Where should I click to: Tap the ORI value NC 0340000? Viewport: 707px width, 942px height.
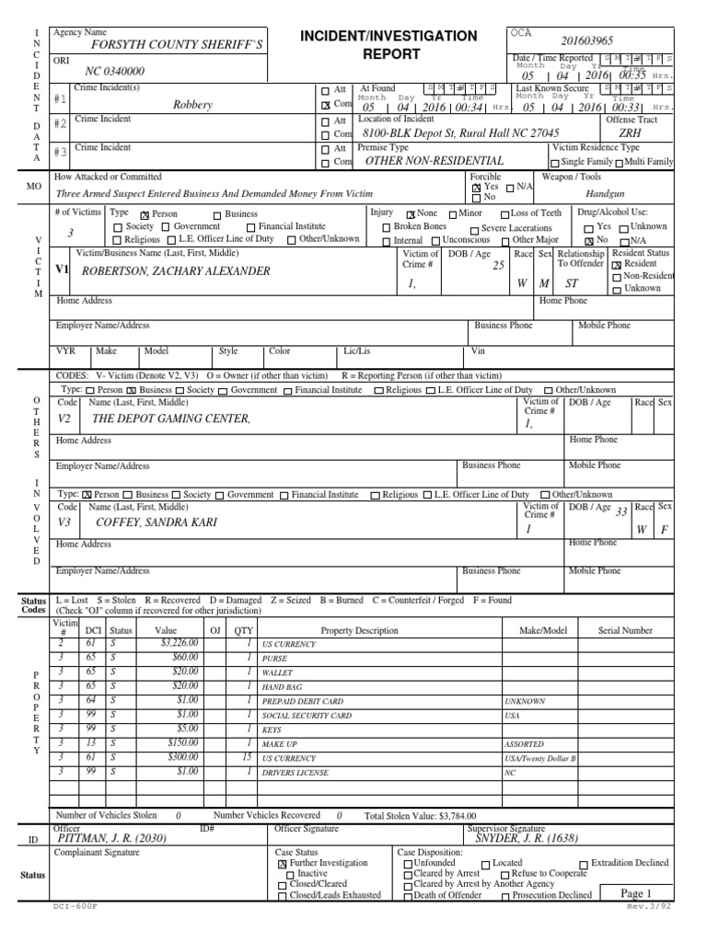click(115, 71)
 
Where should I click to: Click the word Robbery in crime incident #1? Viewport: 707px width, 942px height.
click(192, 105)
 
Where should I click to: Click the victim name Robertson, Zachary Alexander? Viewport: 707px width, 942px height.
click(176, 271)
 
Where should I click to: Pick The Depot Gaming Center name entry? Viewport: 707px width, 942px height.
click(171, 419)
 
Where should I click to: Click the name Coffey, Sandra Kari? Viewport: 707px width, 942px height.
click(159, 522)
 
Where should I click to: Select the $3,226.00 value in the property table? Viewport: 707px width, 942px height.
click(180, 644)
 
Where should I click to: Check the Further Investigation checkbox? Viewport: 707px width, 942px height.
click(282, 865)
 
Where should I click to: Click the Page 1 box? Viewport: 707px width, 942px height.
click(635, 893)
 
